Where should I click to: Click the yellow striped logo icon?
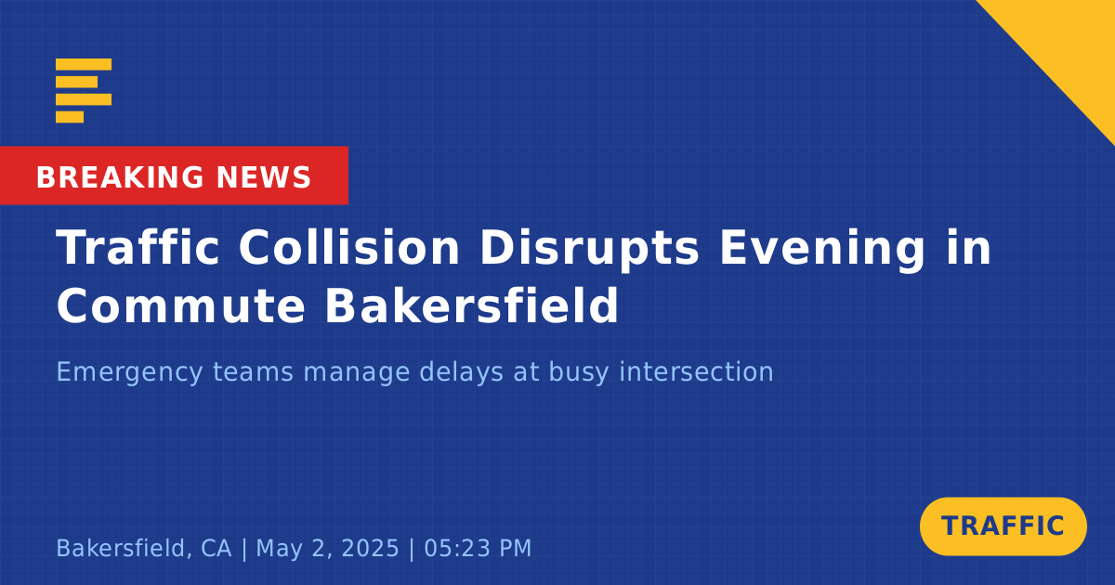coord(84,91)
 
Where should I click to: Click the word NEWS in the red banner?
coord(264,177)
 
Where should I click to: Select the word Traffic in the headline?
coord(138,247)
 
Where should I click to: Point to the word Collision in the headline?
coord(349,247)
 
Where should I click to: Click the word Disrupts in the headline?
coord(589,249)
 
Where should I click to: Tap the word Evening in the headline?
coord(821,249)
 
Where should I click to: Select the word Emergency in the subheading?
coord(129,372)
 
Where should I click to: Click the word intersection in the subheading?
coord(696,371)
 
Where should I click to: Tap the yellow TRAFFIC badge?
coord(1003,526)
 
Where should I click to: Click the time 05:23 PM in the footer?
coord(478,548)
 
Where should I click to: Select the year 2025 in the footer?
coord(371,548)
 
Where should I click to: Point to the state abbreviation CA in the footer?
coord(216,548)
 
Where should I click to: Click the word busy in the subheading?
coord(578,372)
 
